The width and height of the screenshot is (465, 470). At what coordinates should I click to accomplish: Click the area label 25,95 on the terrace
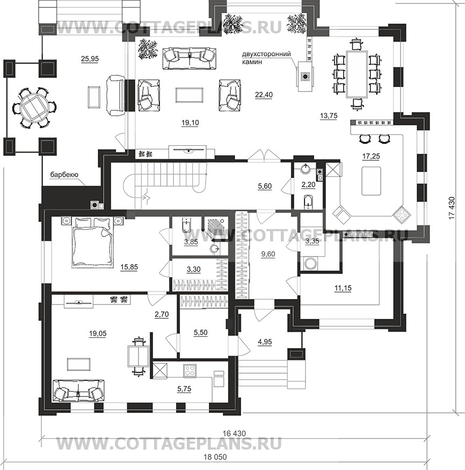(90, 59)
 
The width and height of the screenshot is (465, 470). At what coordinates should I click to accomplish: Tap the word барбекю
(64, 175)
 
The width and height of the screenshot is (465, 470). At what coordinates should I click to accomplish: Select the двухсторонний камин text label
(266, 58)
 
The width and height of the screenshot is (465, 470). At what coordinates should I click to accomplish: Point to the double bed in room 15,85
(93, 242)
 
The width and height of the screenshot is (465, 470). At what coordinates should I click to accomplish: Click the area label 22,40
(264, 95)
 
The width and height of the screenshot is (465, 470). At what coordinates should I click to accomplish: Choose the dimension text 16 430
(234, 433)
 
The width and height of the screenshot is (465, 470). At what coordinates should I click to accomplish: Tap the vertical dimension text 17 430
(452, 208)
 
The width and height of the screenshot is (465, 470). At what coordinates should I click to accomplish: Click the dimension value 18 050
(215, 457)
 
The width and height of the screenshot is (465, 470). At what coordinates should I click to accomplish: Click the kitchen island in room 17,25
(371, 181)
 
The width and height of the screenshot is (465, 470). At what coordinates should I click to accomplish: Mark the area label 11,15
(343, 288)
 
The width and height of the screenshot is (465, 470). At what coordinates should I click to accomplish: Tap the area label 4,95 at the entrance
(265, 341)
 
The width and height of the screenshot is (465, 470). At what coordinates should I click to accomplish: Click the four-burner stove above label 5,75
(190, 371)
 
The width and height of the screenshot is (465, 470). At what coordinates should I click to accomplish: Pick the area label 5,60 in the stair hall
(265, 186)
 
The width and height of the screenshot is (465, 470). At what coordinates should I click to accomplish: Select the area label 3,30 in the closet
(194, 269)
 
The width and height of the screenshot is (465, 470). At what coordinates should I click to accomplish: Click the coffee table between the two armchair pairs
(190, 95)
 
